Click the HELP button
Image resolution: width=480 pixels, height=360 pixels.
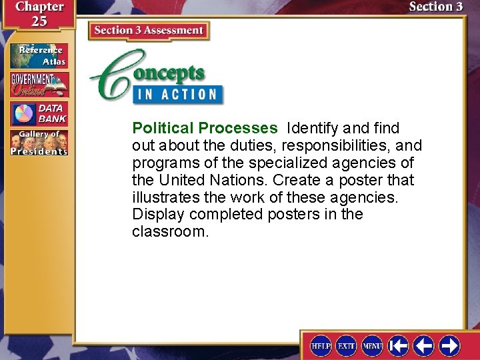coord(321,345)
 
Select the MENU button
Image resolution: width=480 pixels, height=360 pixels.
coord(372,345)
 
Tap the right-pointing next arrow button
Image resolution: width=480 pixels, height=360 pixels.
coord(449,345)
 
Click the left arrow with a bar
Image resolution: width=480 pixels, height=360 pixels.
coord(399,345)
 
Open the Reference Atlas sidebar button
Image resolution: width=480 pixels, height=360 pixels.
coord(39,56)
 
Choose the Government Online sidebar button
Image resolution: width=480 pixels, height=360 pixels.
coord(39,85)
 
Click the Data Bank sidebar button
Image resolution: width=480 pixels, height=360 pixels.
coord(39,114)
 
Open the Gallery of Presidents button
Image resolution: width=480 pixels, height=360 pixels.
coord(39,143)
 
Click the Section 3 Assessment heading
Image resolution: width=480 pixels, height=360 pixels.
coord(149,31)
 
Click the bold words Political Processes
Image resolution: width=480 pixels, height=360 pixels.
coord(205,128)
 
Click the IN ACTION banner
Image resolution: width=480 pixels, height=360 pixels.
coord(177,94)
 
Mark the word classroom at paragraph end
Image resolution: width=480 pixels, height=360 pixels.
coord(170,232)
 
